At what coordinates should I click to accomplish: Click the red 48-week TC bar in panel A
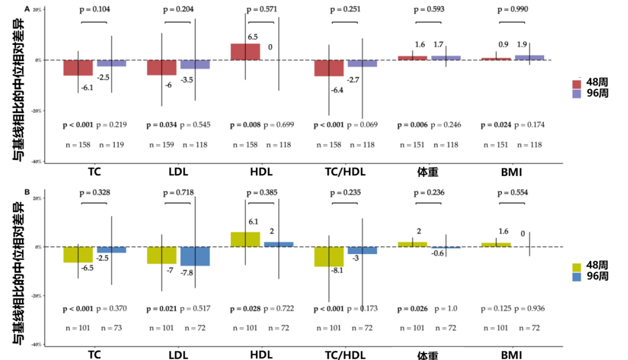[78, 67]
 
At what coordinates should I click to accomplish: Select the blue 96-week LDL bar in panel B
[195, 256]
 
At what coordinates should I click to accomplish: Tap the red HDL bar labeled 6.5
[245, 52]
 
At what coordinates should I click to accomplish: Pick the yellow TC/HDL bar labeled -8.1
[329, 257]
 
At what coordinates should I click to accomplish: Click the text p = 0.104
[94, 9]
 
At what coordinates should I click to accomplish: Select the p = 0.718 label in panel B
[178, 193]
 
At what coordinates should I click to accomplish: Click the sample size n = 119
[112, 144]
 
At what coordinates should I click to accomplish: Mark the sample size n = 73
[112, 327]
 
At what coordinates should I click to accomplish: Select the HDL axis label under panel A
[261, 172]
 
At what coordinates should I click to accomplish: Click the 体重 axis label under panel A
[428, 172]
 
